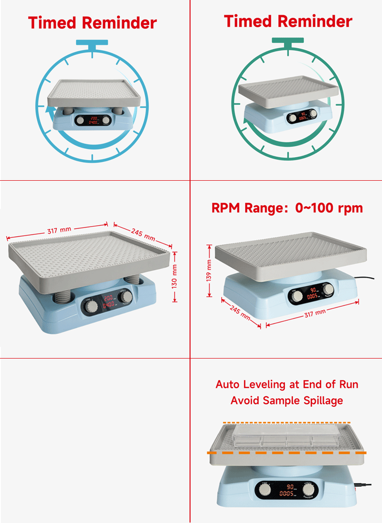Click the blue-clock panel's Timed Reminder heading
click(x=92, y=22)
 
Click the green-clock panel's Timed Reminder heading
click(x=288, y=21)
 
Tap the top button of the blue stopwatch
click(x=92, y=44)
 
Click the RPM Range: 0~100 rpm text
click(x=287, y=208)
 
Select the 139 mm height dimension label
click(x=209, y=270)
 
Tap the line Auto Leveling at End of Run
click(x=286, y=384)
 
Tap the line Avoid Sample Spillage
click(x=286, y=401)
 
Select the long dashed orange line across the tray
click(x=286, y=452)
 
